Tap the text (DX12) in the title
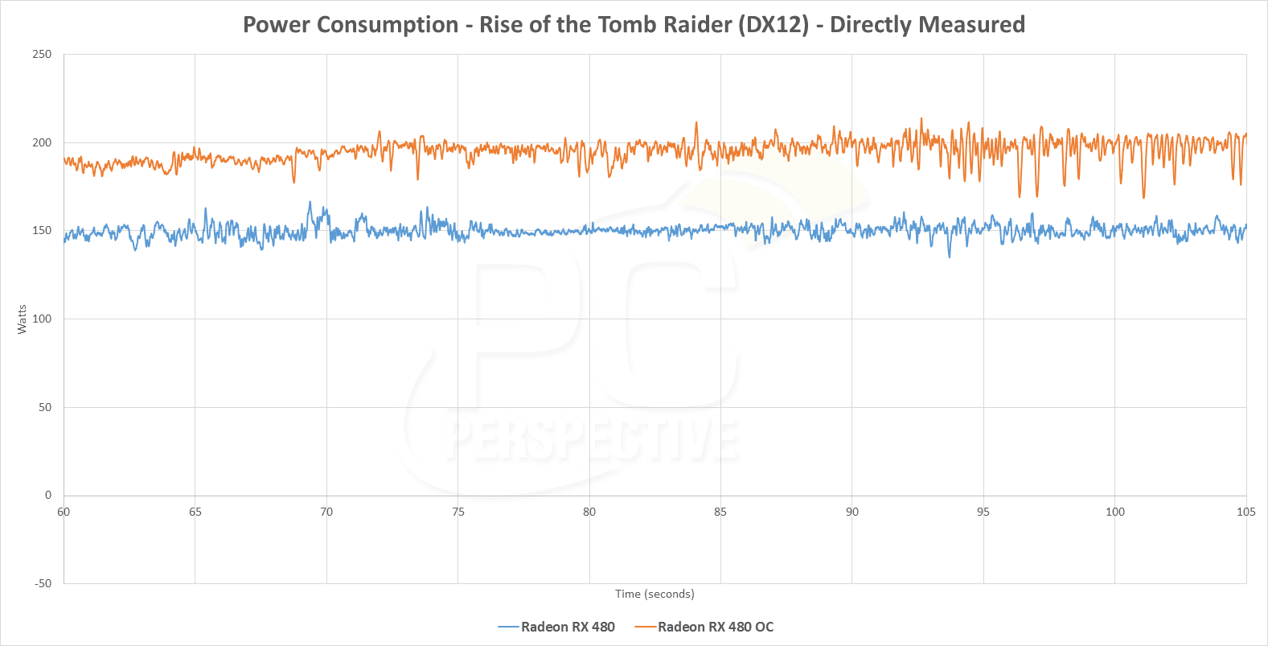774,25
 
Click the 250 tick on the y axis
42,55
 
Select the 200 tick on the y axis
42,142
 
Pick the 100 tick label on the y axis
42,319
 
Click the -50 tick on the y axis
43,583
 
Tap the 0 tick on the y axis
48,495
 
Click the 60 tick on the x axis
64,512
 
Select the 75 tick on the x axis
458,512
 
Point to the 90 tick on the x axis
852,512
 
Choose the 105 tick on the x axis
1246,512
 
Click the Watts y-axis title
22,319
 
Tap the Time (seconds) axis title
655,594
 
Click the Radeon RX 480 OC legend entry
715,627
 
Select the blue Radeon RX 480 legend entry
567,627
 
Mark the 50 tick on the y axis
45,407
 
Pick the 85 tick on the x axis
720,512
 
